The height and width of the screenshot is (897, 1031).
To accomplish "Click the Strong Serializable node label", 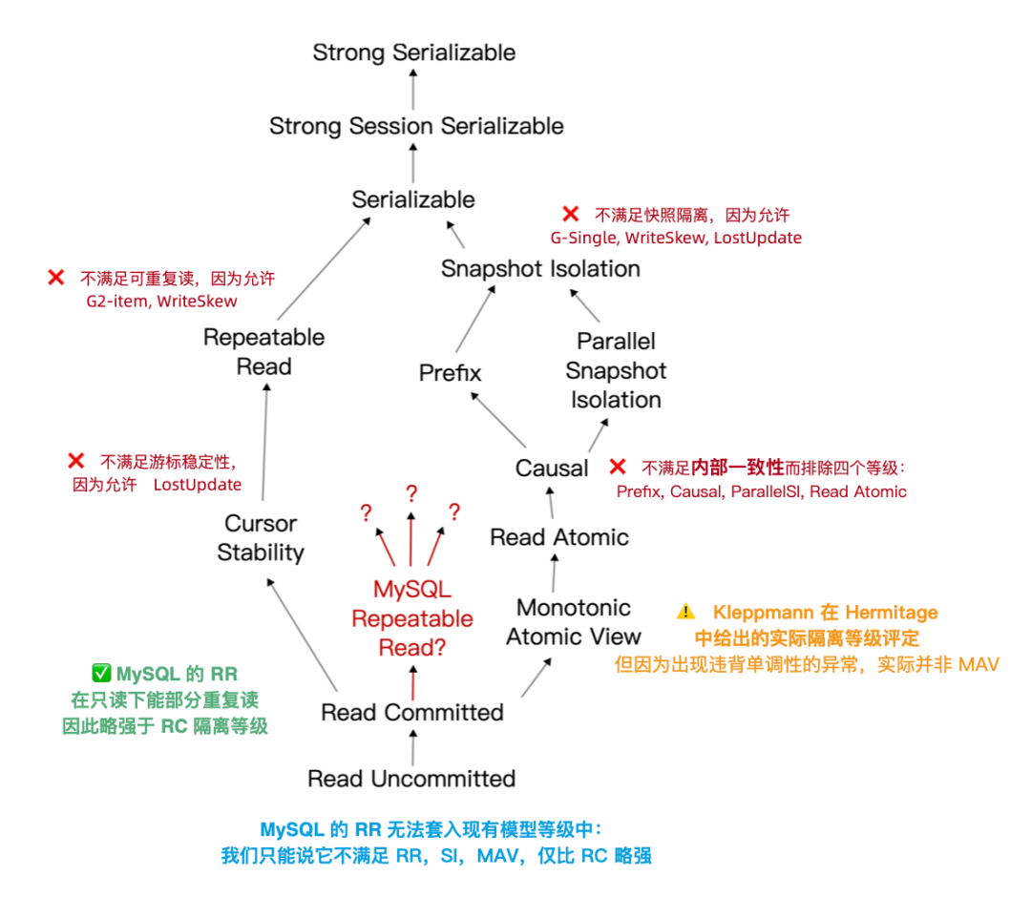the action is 413,52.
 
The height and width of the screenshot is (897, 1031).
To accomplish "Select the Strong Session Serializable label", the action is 416,126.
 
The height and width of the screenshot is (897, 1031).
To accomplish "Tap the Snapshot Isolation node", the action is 540,269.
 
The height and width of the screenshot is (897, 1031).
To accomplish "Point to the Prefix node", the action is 450,372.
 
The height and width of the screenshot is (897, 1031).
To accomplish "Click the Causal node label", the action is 552,468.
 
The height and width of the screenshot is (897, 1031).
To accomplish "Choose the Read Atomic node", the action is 559,537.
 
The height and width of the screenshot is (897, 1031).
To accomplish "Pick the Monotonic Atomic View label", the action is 574,621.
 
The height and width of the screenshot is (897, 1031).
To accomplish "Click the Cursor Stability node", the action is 261,537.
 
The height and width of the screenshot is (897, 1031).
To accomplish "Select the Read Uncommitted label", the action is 411,779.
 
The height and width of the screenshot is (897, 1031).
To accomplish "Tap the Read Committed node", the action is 412,712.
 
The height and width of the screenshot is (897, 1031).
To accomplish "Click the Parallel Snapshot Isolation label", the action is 616,370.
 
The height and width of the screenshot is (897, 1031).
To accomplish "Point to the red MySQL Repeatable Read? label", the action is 412,618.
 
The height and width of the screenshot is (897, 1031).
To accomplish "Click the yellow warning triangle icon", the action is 685,612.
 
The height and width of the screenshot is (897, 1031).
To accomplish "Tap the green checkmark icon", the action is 101,673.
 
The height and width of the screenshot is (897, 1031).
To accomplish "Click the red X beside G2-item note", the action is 56,278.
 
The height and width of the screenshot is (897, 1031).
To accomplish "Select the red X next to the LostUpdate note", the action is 75,461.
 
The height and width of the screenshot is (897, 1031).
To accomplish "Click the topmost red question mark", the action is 411,492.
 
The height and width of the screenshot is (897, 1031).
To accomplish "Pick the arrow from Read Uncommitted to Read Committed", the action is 413,748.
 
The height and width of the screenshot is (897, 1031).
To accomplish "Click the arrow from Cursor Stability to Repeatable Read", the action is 264,442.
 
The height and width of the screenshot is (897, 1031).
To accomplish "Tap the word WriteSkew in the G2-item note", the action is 198,302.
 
